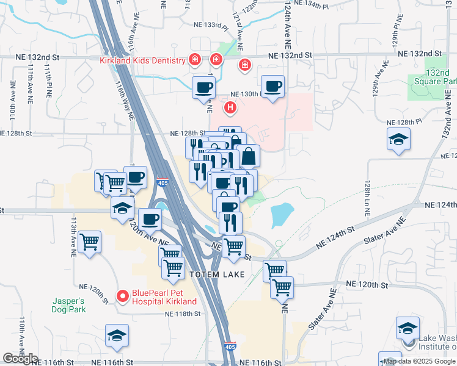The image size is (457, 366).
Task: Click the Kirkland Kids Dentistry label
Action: (142, 61)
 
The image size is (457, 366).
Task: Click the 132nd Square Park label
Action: (442, 76)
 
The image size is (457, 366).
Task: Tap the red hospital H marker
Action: (230, 109)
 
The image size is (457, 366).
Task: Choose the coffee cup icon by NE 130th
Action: (272, 87)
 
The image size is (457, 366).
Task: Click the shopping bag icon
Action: (249, 156)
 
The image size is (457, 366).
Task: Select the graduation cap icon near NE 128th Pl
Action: (398, 139)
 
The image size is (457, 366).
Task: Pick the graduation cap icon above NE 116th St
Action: (117, 335)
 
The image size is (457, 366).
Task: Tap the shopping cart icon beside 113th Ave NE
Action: (90, 242)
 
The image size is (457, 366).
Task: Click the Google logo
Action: (20, 358)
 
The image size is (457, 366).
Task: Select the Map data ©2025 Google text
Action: (420, 361)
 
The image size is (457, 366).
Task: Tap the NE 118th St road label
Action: (184, 314)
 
